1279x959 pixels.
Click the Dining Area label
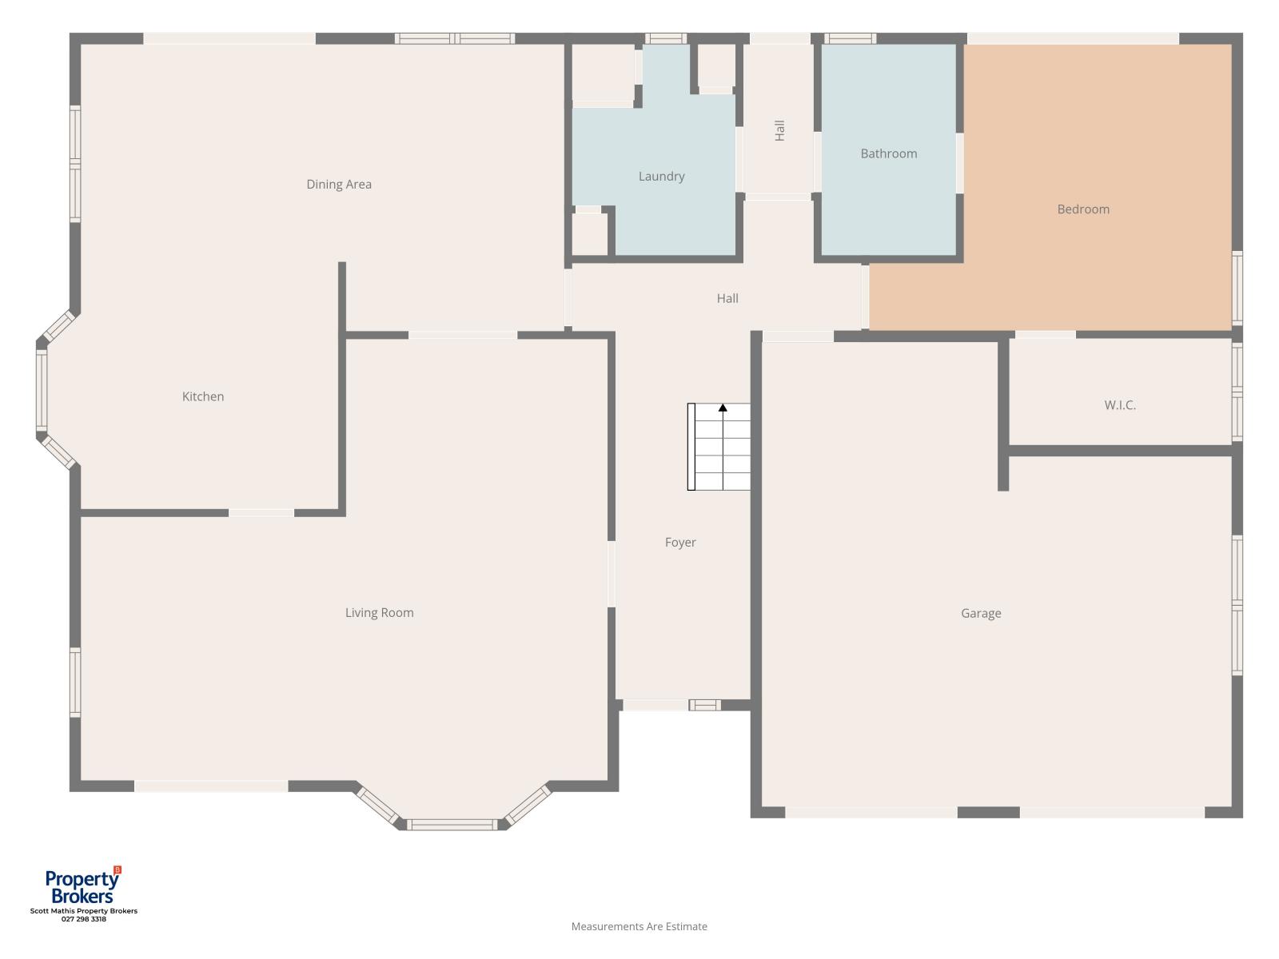pyautogui.click(x=339, y=184)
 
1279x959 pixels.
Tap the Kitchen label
pyautogui.click(x=203, y=396)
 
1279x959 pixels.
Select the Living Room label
pyautogui.click(x=380, y=612)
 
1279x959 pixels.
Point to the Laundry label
pyautogui.click(x=661, y=177)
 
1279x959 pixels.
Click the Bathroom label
pyautogui.click(x=889, y=153)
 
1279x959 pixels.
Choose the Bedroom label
pyautogui.click(x=1083, y=209)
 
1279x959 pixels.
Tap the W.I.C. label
pyautogui.click(x=1120, y=404)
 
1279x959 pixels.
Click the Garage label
pyautogui.click(x=982, y=613)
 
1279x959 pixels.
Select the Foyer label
pyautogui.click(x=680, y=542)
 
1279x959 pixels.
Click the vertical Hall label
pyautogui.click(x=779, y=130)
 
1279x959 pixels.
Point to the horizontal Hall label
pyautogui.click(x=727, y=298)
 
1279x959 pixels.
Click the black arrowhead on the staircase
pyautogui.click(x=723, y=408)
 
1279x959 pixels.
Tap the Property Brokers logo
pyautogui.click(x=83, y=885)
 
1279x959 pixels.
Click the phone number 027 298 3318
pyautogui.click(x=84, y=919)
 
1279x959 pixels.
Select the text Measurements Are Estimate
pyautogui.click(x=639, y=926)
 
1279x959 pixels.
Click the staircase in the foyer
pyautogui.click(x=719, y=447)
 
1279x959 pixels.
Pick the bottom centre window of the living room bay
pyautogui.click(x=452, y=825)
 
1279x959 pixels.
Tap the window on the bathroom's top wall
pyautogui.click(x=851, y=38)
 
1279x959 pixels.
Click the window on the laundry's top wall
pyautogui.click(x=665, y=38)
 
